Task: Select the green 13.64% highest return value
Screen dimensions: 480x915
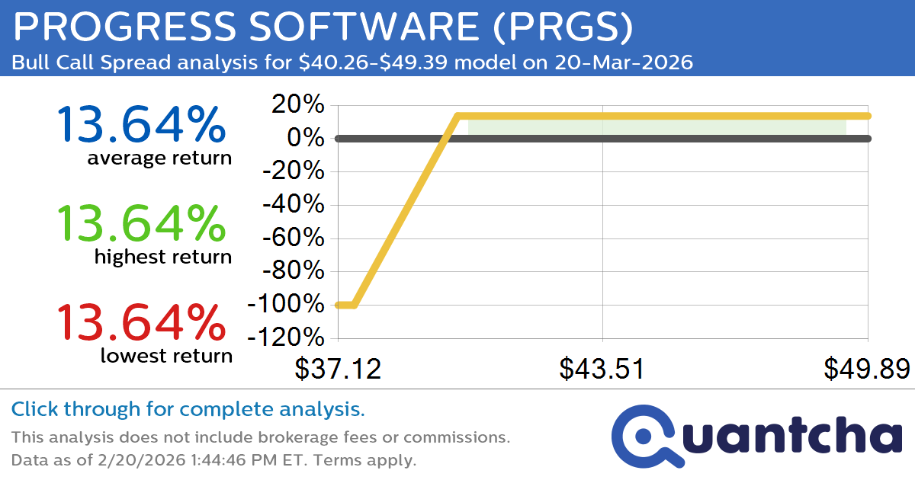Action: coord(141,223)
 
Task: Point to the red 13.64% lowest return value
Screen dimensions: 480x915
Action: coord(141,322)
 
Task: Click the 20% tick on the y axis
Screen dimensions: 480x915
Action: coord(299,105)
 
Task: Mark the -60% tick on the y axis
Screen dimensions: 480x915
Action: coord(294,238)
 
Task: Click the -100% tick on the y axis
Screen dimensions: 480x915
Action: coord(287,304)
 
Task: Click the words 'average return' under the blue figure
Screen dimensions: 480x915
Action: coord(159,158)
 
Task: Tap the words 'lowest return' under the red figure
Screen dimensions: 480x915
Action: coord(166,356)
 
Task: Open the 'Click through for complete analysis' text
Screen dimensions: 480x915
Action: coord(188,410)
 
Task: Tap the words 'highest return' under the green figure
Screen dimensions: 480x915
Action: coord(163,258)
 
